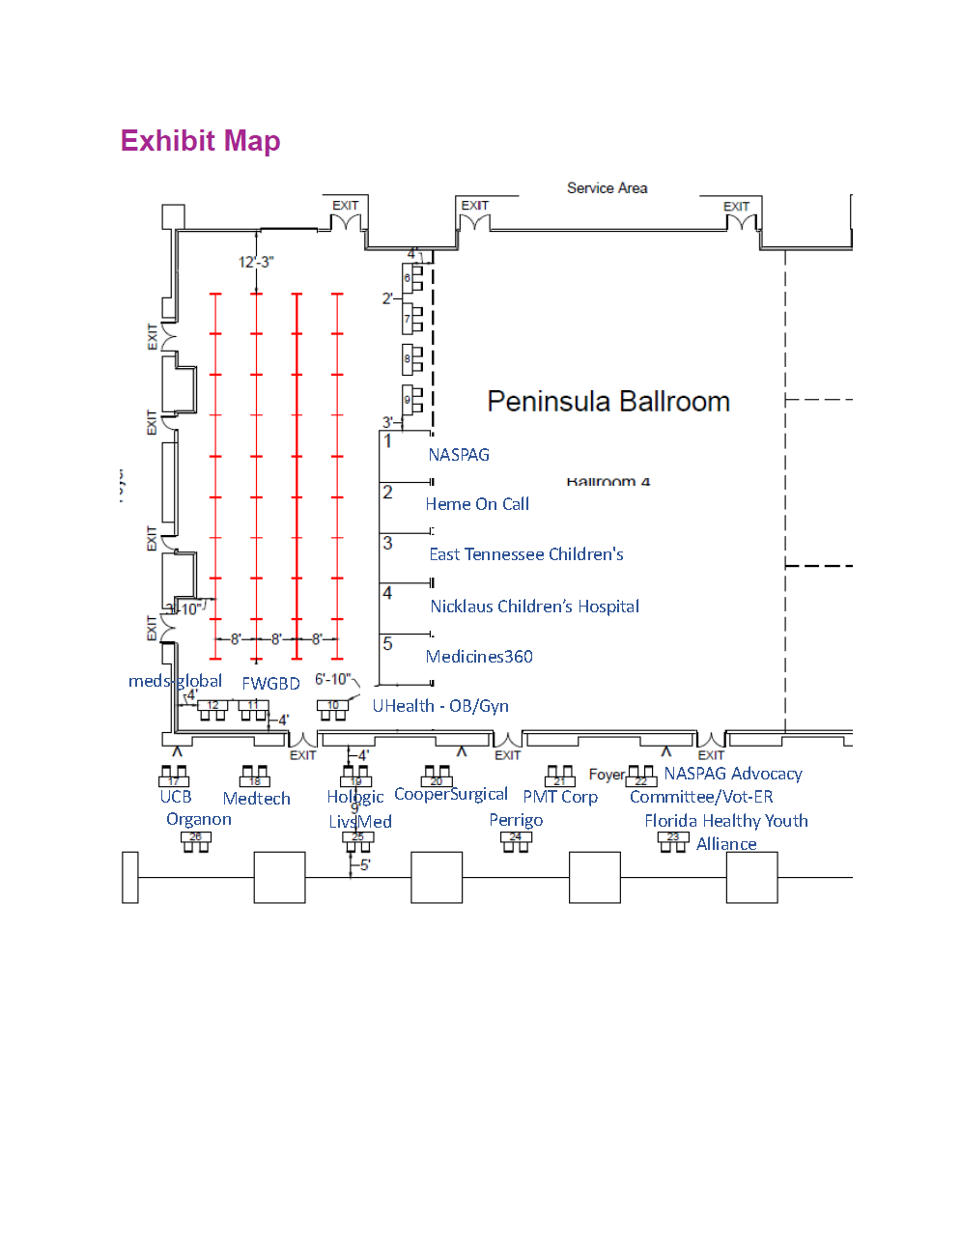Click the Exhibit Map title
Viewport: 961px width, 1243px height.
point(200,141)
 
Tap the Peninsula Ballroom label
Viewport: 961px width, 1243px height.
point(608,402)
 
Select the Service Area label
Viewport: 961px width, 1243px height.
point(607,188)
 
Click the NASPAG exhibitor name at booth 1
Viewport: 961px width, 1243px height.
point(459,455)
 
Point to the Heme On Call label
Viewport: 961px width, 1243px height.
point(477,504)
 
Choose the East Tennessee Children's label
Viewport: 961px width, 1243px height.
point(526,554)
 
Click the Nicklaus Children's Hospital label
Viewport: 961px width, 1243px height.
point(534,607)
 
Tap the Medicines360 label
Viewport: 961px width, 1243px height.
point(479,657)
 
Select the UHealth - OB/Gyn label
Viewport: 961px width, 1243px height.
point(440,706)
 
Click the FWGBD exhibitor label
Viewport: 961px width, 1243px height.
point(270,683)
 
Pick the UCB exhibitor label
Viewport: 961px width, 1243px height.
point(176,797)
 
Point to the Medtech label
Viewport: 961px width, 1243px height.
point(256,799)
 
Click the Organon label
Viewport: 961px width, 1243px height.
point(199,819)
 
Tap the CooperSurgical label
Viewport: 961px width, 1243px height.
point(451,794)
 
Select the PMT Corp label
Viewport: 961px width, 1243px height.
point(560,797)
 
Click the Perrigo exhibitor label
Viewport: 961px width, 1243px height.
point(516,820)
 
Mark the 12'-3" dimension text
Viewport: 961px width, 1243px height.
point(256,262)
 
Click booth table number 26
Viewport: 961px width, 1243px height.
point(196,837)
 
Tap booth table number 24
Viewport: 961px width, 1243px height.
point(516,837)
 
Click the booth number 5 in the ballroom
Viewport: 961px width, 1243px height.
point(387,644)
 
